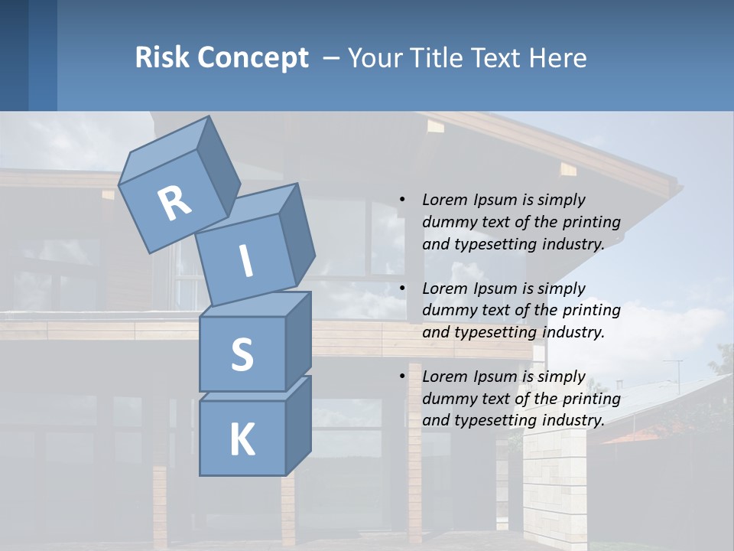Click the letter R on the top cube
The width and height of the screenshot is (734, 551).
[x=174, y=203]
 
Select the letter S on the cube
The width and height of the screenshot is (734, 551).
[x=242, y=354]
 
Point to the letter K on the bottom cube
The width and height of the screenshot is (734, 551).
[x=242, y=440]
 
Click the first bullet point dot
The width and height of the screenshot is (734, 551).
[x=402, y=200]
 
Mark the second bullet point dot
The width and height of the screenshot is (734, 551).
[x=402, y=289]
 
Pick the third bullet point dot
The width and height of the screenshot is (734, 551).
[x=402, y=377]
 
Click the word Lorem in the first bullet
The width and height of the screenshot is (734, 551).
[x=443, y=200]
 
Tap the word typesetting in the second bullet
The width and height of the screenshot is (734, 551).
[x=489, y=332]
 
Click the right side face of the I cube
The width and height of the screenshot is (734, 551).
[x=297, y=233]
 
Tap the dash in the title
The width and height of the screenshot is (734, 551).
[x=332, y=57]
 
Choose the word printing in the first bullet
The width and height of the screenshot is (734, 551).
[x=592, y=222]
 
